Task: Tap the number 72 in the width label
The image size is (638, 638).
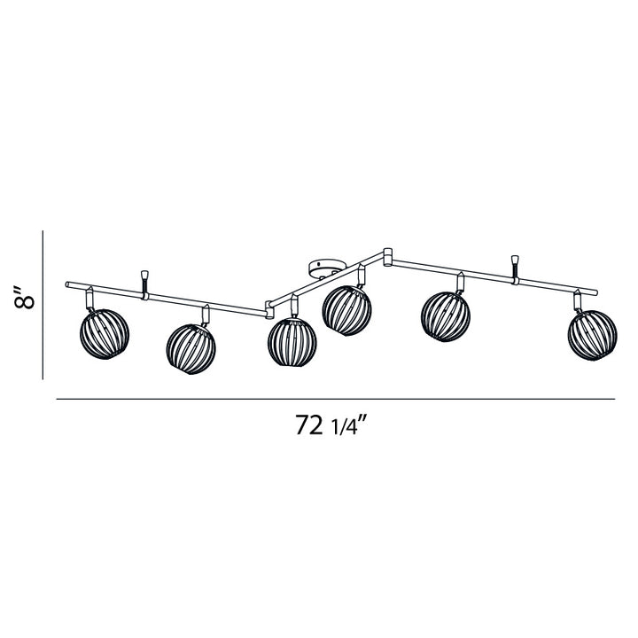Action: (x=308, y=425)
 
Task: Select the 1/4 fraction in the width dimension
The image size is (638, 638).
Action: (x=346, y=427)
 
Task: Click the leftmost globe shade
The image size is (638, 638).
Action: (x=105, y=336)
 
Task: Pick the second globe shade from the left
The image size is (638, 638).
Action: (x=191, y=347)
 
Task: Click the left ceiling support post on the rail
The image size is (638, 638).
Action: (x=144, y=281)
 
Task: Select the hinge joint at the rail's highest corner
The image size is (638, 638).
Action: (x=387, y=256)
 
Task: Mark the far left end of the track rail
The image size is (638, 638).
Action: (x=68, y=284)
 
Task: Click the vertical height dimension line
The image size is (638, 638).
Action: (x=43, y=303)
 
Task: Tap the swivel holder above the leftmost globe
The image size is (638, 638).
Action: (x=91, y=298)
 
